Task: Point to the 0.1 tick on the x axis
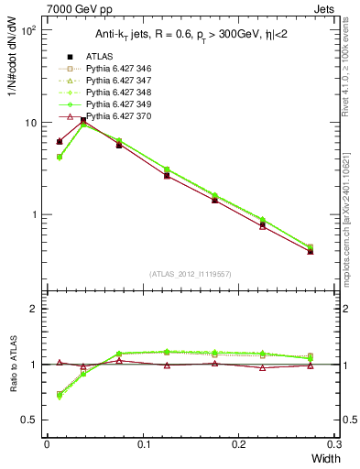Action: [143, 444]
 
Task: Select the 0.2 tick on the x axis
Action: [239, 444]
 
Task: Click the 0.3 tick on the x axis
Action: [335, 444]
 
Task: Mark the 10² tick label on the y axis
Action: [27, 30]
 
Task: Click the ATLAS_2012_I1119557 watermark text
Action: [190, 274]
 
